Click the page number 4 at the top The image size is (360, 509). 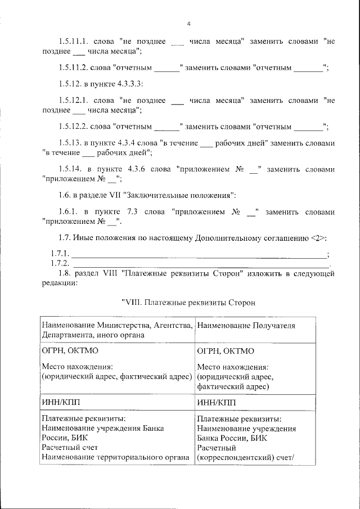(189, 23)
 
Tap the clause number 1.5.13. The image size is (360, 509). (71, 143)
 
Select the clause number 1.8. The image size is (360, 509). (66, 274)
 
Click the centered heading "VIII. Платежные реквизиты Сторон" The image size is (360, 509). (188, 303)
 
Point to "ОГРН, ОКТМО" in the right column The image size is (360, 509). (226, 352)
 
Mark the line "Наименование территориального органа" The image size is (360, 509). (115, 457)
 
